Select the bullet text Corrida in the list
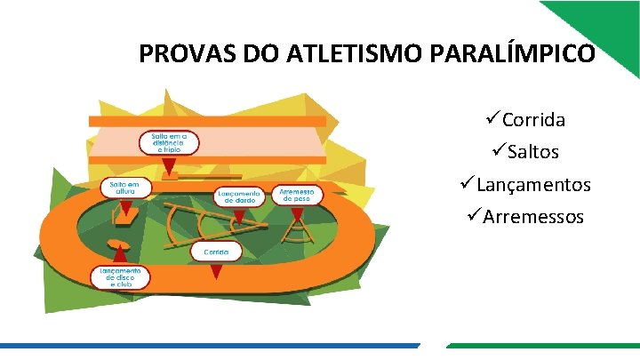pyautogui.click(x=533, y=120)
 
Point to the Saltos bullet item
pyautogui.click(x=531, y=152)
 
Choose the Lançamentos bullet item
pyautogui.click(x=533, y=185)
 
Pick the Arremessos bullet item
pyautogui.click(x=533, y=217)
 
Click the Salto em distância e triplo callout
pyautogui.click(x=167, y=142)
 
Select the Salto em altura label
pyautogui.click(x=124, y=188)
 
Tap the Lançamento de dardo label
pyautogui.click(x=239, y=196)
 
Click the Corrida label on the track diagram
pyautogui.click(x=216, y=252)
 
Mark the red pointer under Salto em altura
pyautogui.click(x=125, y=210)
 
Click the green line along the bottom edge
pyautogui.click(x=542, y=346)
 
